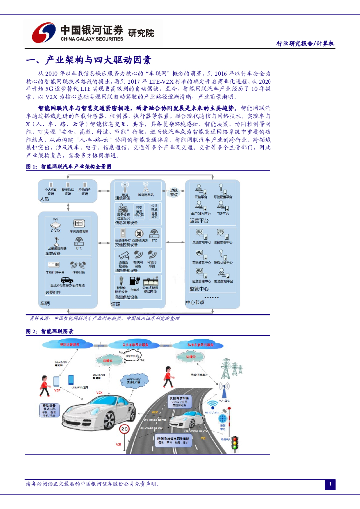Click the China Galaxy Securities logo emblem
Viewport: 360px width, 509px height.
pos(44,33)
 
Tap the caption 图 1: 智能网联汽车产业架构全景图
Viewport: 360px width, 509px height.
pos(69,167)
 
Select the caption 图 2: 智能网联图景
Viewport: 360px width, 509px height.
pos(50,331)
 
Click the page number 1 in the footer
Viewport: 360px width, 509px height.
pos(330,484)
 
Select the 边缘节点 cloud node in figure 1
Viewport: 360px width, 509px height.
pos(173,192)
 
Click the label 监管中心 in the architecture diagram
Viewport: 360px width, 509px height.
pos(199,288)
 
